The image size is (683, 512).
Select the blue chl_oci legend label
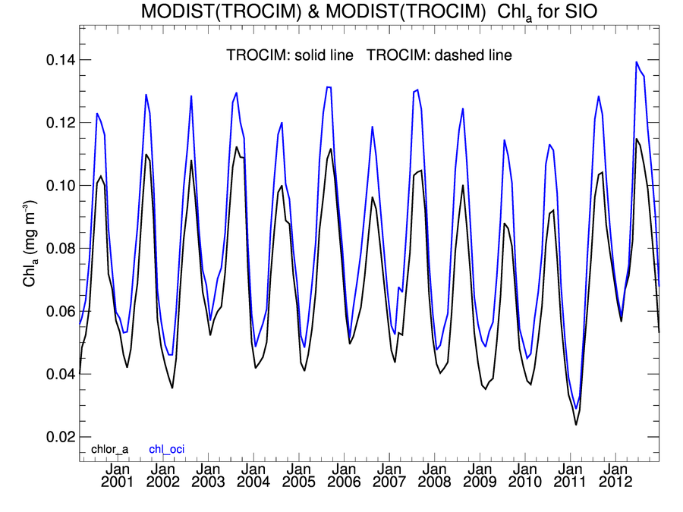point(166,449)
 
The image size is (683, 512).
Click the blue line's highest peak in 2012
point(636,62)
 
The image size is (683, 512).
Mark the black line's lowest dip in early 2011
point(576,424)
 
